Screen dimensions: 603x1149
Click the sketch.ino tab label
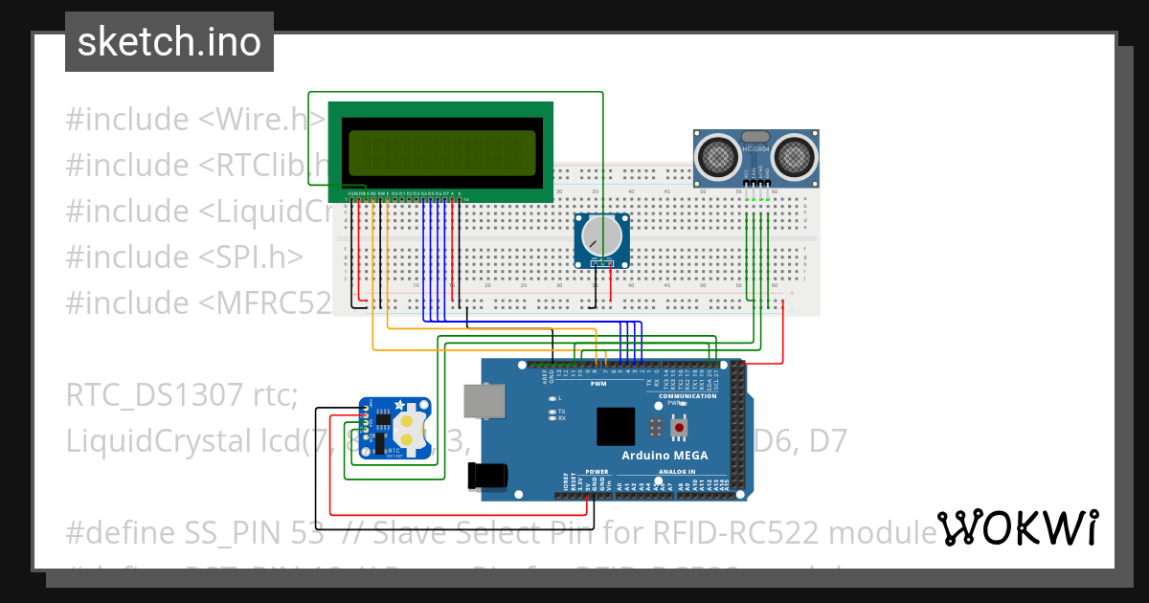[x=169, y=42]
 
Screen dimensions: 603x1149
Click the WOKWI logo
[x=1017, y=527]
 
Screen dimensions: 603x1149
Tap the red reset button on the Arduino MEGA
[x=681, y=425]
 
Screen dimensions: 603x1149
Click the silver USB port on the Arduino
[x=482, y=401]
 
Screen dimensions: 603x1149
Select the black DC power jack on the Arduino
[x=484, y=477]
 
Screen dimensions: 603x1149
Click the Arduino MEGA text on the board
[x=665, y=456]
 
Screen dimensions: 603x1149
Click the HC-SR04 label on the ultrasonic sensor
[x=755, y=149]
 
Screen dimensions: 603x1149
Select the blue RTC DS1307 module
[x=394, y=428]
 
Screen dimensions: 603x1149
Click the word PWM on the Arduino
[x=598, y=384]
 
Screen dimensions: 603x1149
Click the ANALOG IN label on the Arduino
[x=676, y=472]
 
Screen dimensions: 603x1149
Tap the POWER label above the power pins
[x=597, y=472]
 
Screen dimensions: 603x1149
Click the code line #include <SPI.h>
[x=184, y=257]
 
